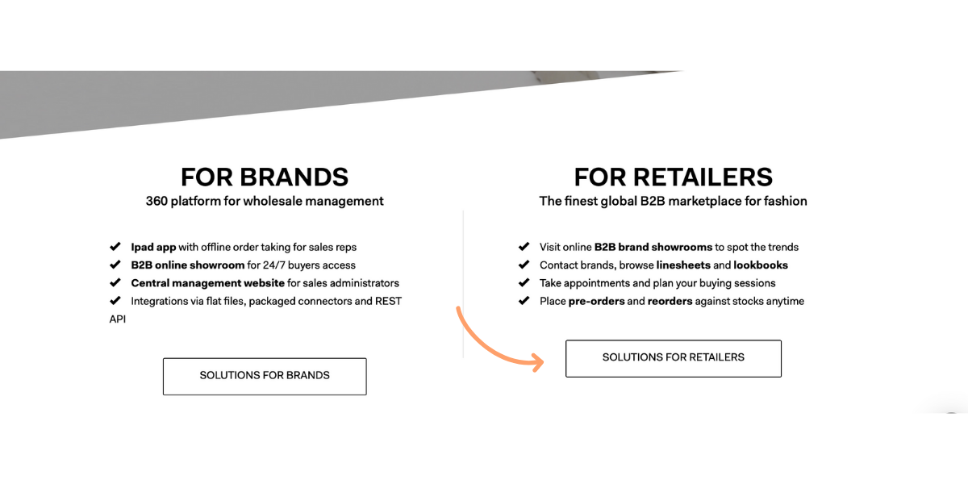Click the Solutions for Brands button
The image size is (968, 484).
point(265,376)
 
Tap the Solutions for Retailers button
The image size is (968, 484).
point(674,358)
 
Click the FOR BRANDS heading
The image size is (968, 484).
point(265,177)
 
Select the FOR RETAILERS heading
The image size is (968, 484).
point(674,177)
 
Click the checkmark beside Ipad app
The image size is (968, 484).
point(115,247)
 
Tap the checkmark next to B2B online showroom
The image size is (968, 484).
point(115,265)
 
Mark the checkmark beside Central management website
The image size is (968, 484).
point(115,282)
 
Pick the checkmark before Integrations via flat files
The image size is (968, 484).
point(115,300)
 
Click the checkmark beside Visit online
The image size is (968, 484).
point(524,247)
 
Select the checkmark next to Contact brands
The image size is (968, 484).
point(524,265)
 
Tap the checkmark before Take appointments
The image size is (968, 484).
point(524,282)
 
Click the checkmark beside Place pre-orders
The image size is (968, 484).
point(524,300)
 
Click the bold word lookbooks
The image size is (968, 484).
point(761,265)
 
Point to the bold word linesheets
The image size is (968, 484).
point(683,265)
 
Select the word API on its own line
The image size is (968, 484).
point(118,319)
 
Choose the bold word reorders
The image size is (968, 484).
point(670,301)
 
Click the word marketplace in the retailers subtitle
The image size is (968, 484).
point(714,202)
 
